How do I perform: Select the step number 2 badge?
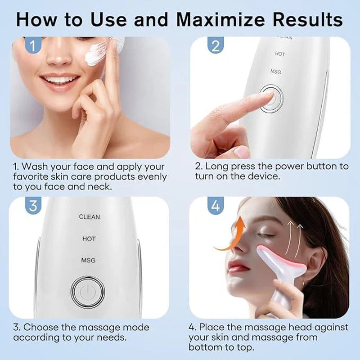pyautogui.click(x=215, y=45)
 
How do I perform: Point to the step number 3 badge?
pyautogui.click(x=33, y=206)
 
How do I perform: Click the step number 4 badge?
pyautogui.click(x=216, y=206)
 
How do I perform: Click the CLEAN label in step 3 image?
pyautogui.click(x=90, y=217)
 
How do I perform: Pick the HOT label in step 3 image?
pyautogui.click(x=89, y=238)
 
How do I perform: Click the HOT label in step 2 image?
pyautogui.click(x=280, y=54)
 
